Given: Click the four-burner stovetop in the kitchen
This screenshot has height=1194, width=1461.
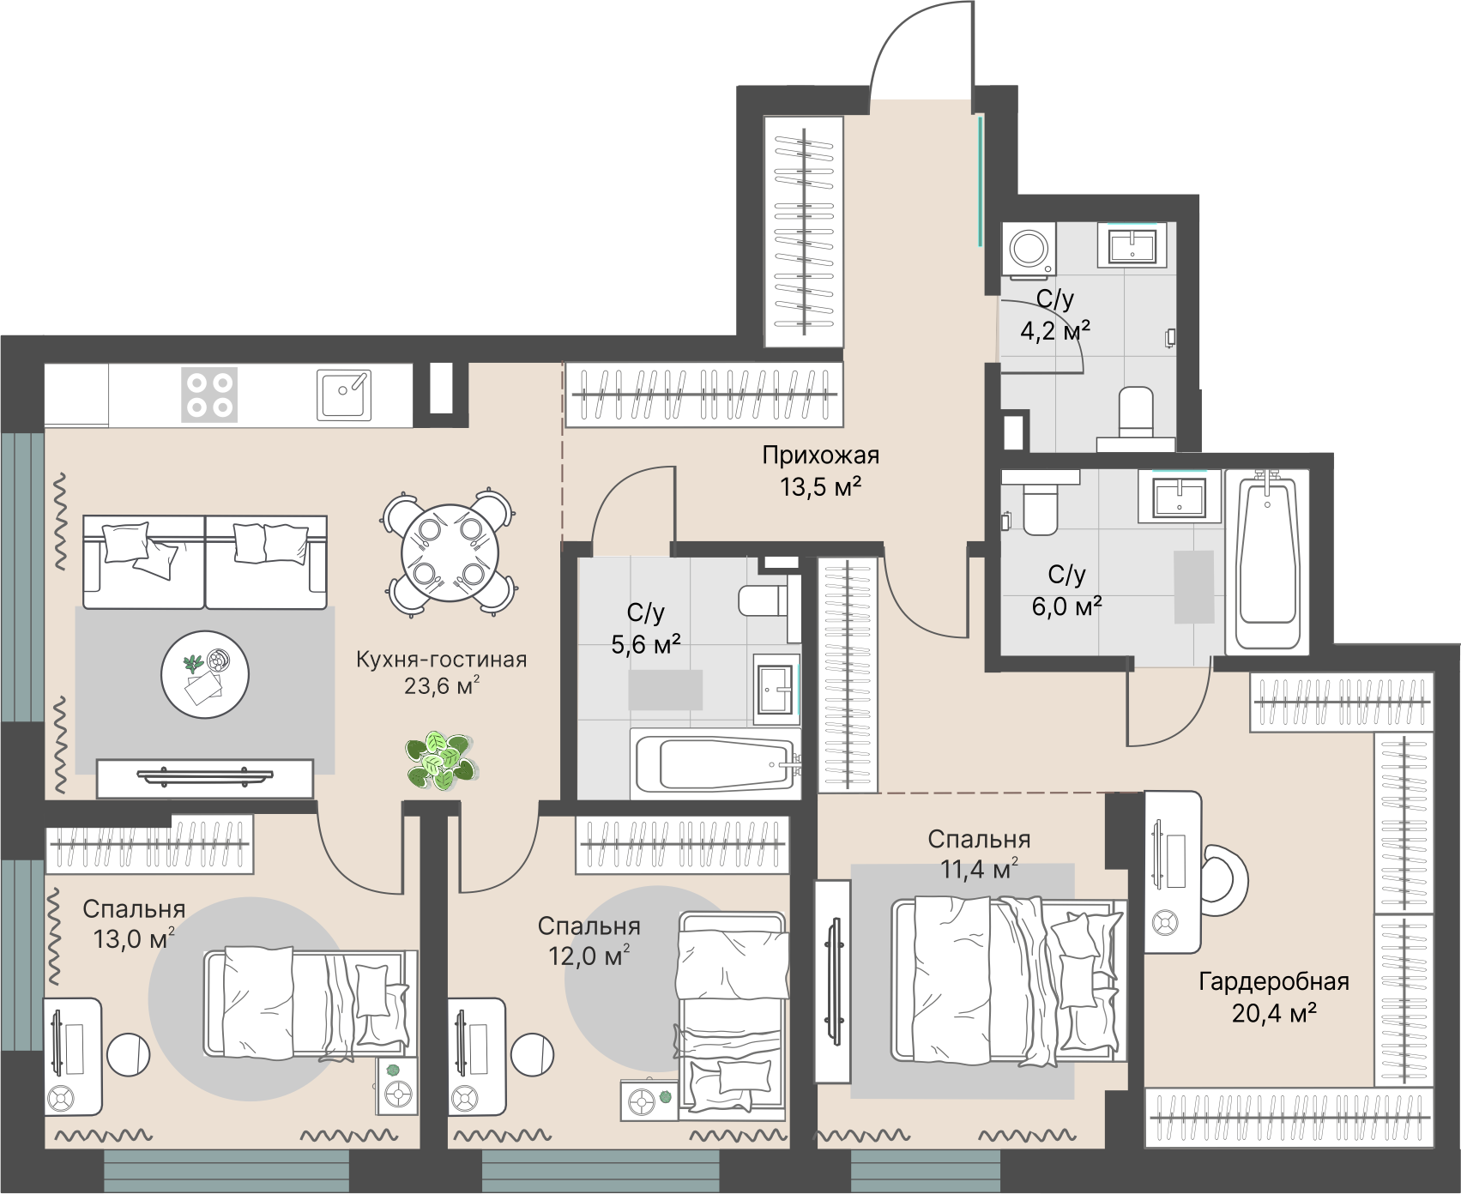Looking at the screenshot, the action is tap(209, 395).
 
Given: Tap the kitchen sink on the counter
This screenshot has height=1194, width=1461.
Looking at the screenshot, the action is tap(344, 395).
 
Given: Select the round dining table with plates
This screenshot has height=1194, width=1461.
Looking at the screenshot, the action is tap(450, 553).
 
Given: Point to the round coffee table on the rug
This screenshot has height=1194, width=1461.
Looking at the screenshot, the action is tap(205, 675).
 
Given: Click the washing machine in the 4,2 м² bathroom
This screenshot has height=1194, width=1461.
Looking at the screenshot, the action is tap(1029, 250).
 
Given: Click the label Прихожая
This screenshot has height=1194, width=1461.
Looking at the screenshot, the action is tap(821, 455).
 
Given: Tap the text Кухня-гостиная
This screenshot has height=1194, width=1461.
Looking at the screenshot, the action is tap(442, 660).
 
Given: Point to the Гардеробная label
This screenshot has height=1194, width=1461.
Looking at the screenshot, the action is tap(1274, 981).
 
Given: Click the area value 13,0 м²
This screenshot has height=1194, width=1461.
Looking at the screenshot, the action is tap(134, 938).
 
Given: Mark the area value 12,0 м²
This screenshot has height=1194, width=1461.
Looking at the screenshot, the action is tap(589, 956).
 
